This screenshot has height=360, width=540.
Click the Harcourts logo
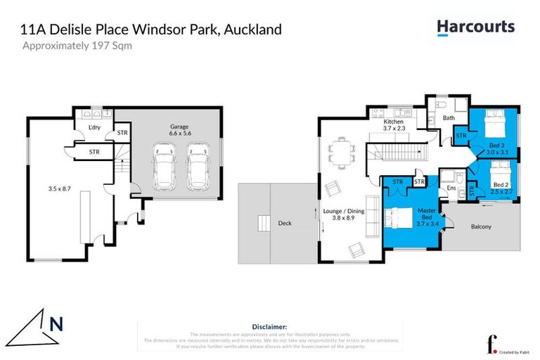pos(475,27)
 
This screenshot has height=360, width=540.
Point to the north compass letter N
pos(56,324)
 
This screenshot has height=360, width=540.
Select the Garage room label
pos(179,127)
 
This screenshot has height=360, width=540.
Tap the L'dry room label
pos(96,127)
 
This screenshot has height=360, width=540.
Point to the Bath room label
pos(448,117)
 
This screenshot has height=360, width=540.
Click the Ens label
pos(451,188)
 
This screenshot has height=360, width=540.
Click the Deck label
pos(284,224)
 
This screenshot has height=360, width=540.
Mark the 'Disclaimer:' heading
pos(269,327)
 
